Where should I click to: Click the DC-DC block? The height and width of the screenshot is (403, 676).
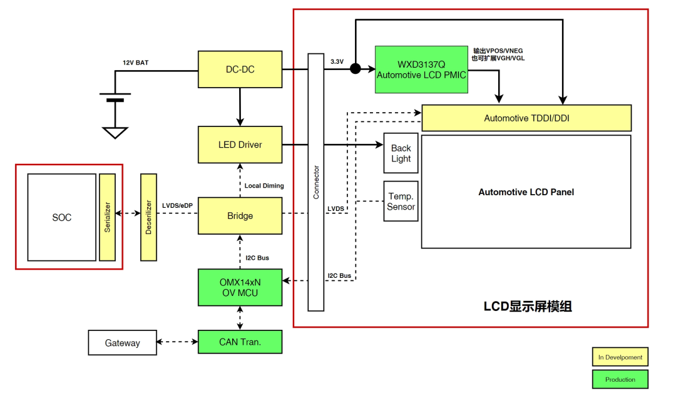coord(240,69)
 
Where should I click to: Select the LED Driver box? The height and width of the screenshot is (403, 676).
coord(240,145)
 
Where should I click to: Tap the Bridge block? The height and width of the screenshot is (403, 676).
coord(240,216)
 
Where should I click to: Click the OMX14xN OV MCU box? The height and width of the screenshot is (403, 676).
coord(240,287)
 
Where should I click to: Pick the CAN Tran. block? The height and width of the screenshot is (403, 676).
coord(240,342)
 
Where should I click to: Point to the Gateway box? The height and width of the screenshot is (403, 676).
coord(122,343)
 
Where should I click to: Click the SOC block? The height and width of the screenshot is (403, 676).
coord(62,217)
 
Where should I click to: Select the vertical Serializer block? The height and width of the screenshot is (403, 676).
coord(108,217)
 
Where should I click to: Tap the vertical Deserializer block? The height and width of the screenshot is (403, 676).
coord(149,217)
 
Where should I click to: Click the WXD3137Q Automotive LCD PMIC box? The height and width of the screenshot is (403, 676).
coord(421,69)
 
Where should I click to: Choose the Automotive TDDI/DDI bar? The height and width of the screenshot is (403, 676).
coord(526,118)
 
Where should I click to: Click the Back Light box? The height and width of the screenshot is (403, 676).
coord(401,153)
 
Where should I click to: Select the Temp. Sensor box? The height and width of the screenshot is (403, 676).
coord(401,201)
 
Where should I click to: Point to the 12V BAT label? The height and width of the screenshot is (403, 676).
coord(136,63)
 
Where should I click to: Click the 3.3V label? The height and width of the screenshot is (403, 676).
coord(337,61)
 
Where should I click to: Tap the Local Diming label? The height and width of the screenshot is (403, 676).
coord(264,186)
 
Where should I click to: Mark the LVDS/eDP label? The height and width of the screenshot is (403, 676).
coord(177,205)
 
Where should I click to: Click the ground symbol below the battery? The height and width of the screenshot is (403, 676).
coord(115,133)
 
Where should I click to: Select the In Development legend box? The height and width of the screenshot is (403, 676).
coord(620,357)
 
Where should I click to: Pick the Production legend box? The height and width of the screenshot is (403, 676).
coord(620,379)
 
